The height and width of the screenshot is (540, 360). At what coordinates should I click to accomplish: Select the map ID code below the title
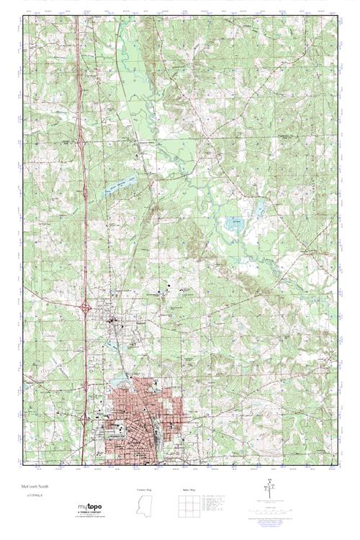(x=34, y=496)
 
